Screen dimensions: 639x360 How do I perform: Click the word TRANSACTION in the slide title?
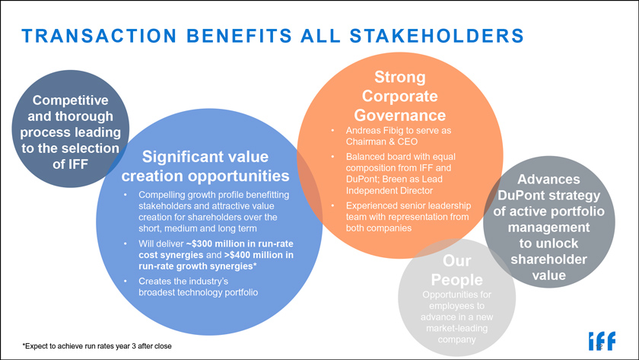coord(99,36)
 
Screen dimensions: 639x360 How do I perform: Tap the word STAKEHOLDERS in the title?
coord(437,36)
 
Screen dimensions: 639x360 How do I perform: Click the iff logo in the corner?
coord(602,341)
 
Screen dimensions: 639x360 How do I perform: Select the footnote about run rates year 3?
coord(97,346)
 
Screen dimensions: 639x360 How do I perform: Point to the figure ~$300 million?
coord(214,244)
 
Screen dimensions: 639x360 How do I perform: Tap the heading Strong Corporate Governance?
coord(400,96)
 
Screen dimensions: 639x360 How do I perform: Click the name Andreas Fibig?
coord(373,130)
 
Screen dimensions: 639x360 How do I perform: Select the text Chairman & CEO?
coord(382,142)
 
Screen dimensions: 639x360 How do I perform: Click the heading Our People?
coord(457,270)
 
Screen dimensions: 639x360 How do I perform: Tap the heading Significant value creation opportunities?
coord(205,167)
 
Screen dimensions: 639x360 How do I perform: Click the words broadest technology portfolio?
coord(198,292)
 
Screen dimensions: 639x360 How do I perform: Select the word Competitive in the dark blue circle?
coord(71,100)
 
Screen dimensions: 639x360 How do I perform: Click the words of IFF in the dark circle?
coord(71,164)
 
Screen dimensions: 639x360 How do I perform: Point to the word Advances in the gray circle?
coord(548,180)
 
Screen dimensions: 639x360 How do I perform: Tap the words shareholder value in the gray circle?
coord(549,267)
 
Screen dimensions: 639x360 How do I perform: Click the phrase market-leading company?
coord(457,333)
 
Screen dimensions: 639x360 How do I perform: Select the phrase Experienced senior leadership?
coord(409,205)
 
